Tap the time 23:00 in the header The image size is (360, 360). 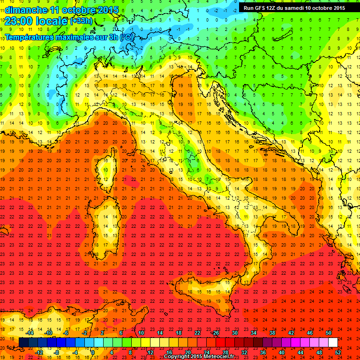pos(19,21)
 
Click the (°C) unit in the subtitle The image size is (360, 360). pos(126,37)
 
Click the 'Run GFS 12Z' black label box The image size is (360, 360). pos(294,8)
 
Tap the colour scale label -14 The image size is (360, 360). pos(30,333)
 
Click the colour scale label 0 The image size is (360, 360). pos(93,352)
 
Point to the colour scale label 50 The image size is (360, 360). pos(328,333)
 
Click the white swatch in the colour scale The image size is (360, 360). pos(333,343)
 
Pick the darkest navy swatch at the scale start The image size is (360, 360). pos(23,343)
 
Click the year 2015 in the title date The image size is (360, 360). pos(108,10)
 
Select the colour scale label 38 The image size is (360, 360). pos(272,333)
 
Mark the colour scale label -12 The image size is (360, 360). pos(39,352)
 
